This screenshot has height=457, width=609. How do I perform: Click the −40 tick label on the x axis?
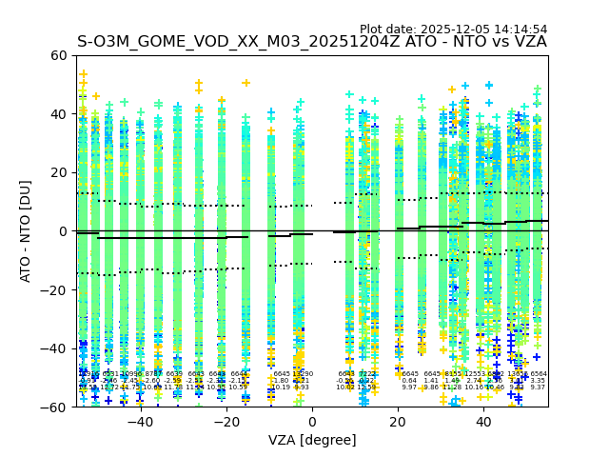click(140, 422)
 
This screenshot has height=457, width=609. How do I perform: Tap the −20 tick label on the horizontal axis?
click(226, 422)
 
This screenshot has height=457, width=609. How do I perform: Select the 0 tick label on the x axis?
click(312, 422)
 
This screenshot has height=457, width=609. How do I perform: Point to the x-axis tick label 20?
click(398, 422)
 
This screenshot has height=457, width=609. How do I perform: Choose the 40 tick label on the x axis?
click(484, 422)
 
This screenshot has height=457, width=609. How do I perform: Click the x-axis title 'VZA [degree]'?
click(312, 440)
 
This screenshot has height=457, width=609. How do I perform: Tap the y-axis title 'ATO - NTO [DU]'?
click(26, 231)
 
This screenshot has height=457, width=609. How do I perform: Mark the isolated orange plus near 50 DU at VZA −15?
click(246, 84)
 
